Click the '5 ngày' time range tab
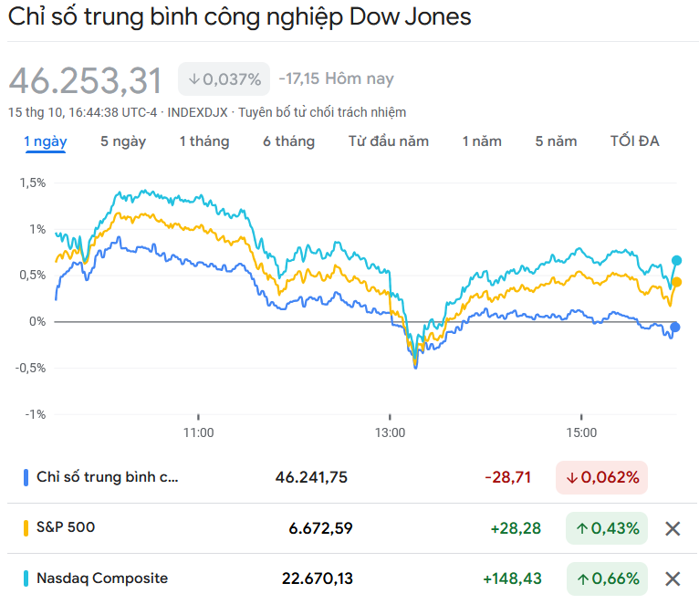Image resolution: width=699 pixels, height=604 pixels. [x=123, y=141]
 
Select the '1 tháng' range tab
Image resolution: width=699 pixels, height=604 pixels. [x=204, y=141]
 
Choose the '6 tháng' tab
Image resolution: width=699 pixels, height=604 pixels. [x=288, y=141]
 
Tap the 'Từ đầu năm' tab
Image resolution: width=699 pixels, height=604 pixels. [x=389, y=141]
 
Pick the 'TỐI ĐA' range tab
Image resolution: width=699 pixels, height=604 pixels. [x=634, y=141]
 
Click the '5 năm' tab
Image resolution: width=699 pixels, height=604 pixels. [x=556, y=141]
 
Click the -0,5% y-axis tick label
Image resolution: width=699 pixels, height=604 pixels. [x=31, y=368]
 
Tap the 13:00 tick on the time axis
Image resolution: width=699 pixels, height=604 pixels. [x=390, y=432]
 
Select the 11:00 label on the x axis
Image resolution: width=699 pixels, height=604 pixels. [x=198, y=432]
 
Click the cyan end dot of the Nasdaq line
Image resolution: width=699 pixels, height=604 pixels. [x=676, y=261]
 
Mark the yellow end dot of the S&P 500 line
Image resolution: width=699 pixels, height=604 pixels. [x=676, y=282]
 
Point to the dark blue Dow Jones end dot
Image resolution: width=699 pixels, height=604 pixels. [x=674, y=327]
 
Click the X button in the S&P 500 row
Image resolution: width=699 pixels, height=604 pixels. [x=673, y=528]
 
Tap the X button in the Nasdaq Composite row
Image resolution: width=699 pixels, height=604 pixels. [x=673, y=578]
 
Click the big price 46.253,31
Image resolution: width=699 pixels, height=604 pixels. [x=86, y=80]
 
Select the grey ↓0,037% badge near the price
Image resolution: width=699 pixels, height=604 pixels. [x=224, y=79]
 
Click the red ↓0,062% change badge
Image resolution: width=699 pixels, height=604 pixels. [x=602, y=477]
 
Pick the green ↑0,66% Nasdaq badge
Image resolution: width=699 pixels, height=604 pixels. [x=607, y=578]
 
